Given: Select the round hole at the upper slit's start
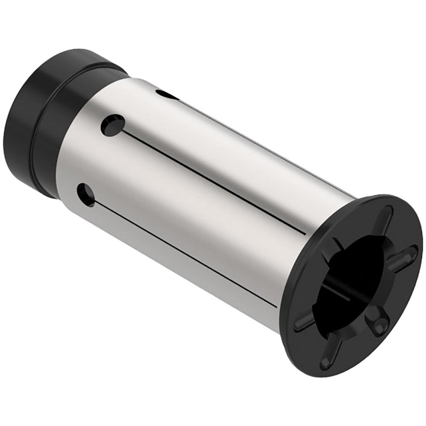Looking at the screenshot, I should (x=113, y=125).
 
